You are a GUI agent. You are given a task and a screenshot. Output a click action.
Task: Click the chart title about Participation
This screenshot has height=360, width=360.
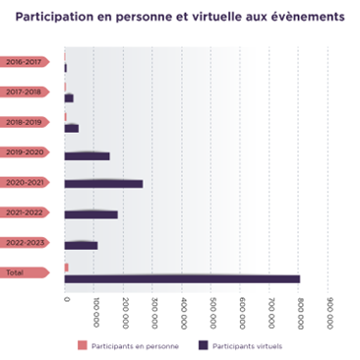(x=179, y=17)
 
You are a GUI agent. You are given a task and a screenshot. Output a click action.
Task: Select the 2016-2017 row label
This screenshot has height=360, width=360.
(x=23, y=61)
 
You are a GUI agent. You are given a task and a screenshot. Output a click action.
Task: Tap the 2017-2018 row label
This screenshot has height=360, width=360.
(x=23, y=90)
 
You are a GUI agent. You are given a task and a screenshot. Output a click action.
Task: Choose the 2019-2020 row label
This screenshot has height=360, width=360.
(x=23, y=151)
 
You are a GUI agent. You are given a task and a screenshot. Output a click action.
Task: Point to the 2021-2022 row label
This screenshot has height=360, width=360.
(x=23, y=211)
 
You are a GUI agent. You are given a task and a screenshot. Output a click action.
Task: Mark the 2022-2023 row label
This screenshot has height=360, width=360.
(x=23, y=242)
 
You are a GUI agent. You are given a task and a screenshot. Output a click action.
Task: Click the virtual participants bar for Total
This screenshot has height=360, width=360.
(x=182, y=279)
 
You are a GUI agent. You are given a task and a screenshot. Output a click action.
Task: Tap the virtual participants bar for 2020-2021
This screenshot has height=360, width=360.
(x=103, y=184)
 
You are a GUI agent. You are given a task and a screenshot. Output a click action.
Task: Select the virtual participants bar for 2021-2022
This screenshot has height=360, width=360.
(x=90, y=214)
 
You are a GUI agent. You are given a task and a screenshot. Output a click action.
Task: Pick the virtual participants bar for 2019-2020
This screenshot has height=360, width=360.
(x=87, y=155)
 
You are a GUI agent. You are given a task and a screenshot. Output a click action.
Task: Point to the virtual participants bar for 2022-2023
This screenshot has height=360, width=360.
(x=81, y=245)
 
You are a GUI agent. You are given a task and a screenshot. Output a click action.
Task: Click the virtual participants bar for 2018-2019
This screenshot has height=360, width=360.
(x=71, y=128)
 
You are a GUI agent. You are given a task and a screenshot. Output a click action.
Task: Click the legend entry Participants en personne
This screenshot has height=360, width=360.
(x=128, y=345)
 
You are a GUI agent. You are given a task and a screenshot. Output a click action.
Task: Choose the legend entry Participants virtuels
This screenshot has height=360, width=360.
(x=243, y=345)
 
